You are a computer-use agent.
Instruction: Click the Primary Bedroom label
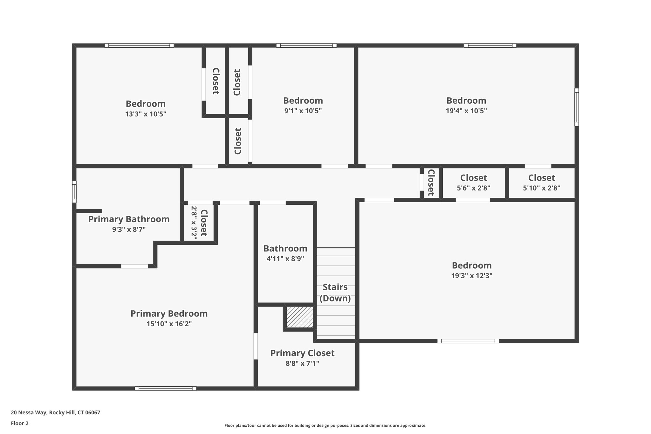(x=169, y=313)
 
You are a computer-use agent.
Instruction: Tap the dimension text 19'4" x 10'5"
(x=466, y=111)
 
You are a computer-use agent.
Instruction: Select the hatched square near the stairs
(x=300, y=317)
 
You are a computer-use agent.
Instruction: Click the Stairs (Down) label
(x=335, y=293)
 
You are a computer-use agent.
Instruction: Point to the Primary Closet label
(x=302, y=353)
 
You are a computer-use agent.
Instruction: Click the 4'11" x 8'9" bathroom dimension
(x=285, y=258)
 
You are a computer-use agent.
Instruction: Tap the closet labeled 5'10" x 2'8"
(x=541, y=183)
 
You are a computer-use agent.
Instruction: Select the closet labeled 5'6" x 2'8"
(x=473, y=183)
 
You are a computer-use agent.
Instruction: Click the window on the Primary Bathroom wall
(x=74, y=192)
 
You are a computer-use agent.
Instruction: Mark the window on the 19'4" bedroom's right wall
(x=576, y=107)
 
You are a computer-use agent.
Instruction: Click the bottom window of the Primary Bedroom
(x=165, y=388)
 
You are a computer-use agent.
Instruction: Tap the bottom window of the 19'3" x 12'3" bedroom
(x=468, y=341)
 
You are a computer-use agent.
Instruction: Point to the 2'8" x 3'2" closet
(x=199, y=223)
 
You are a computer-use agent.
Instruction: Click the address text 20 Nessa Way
(x=55, y=413)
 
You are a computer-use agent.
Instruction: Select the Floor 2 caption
(x=20, y=423)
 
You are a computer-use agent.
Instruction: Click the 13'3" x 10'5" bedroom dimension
(x=146, y=114)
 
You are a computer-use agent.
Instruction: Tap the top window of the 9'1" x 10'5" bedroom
(x=306, y=45)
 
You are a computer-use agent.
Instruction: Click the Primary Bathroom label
(x=129, y=219)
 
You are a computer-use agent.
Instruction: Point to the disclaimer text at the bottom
(x=325, y=425)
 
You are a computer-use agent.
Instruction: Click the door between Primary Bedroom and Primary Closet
(x=255, y=346)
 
